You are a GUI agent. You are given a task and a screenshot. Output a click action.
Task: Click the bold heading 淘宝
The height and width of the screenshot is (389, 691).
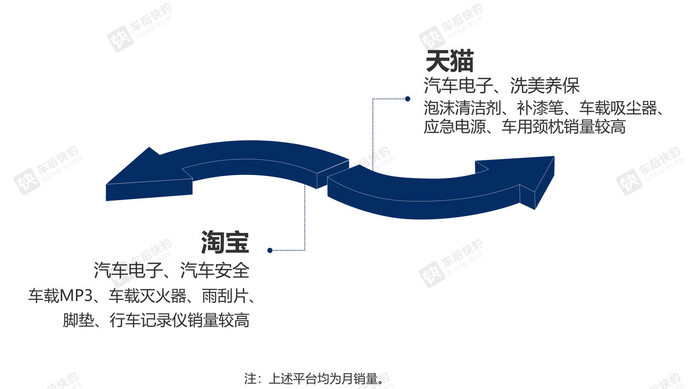click(225, 242)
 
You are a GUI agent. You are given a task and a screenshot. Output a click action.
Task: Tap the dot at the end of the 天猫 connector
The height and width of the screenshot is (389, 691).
click(408, 99)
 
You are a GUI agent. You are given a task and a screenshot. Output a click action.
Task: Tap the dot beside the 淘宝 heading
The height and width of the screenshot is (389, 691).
click(270, 250)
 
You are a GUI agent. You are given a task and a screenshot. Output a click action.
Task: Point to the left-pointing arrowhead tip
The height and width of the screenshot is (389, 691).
click(106, 184)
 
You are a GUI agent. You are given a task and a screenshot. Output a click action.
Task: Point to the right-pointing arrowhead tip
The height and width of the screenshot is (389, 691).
click(554, 157)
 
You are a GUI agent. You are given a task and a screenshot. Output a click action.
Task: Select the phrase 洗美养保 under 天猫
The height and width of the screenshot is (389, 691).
click(545, 85)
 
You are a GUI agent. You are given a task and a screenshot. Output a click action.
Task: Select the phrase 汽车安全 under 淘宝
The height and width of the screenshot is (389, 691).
click(215, 270)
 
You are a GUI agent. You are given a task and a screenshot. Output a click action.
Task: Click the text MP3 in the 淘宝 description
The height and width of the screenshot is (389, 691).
click(76, 296)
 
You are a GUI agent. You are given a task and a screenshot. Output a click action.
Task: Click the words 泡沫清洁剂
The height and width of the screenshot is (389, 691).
click(462, 108)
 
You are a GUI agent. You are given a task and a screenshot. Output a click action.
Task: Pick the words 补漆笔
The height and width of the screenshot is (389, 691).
click(540, 108)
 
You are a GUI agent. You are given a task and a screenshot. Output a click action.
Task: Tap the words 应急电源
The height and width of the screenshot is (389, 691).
click(455, 127)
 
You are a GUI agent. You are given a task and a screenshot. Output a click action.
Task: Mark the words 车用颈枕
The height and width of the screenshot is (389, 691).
click(532, 127)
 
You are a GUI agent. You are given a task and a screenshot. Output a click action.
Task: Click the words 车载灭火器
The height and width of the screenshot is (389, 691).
click(147, 296)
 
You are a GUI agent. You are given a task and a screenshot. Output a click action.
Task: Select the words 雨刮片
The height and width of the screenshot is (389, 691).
click(225, 296)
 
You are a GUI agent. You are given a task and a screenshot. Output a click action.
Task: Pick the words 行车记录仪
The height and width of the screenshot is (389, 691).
click(149, 320)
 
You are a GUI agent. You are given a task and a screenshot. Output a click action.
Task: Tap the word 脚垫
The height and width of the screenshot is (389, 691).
click(78, 320)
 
